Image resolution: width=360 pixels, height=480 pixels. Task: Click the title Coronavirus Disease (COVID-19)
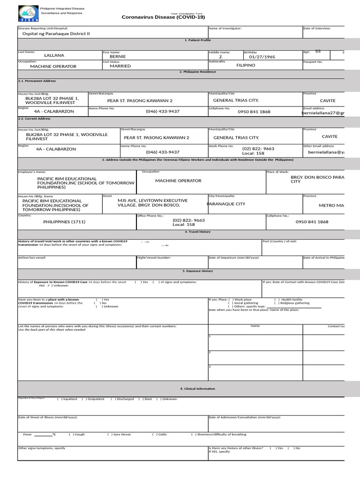pyautogui.click(x=163, y=17)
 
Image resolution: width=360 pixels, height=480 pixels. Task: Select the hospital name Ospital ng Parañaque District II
pyautogui.click(x=56, y=34)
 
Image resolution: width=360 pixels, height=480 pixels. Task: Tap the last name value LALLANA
pyautogui.click(x=54, y=55)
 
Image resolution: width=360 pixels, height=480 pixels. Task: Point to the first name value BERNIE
pyautogui.click(x=118, y=56)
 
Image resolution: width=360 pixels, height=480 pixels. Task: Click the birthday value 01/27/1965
pyautogui.click(x=262, y=57)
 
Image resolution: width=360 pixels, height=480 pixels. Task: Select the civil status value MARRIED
pyautogui.click(x=120, y=66)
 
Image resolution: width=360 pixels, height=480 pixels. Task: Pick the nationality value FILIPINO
pyautogui.click(x=246, y=65)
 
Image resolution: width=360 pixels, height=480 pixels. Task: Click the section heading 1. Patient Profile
pyautogui.click(x=197, y=40)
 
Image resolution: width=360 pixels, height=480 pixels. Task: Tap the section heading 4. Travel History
pyautogui.click(x=197, y=232)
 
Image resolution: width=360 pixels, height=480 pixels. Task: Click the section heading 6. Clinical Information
pyautogui.click(x=197, y=389)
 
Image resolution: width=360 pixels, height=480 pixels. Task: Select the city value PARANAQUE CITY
pyautogui.click(x=226, y=204)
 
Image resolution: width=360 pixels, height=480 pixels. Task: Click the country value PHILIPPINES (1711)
pyautogui.click(x=64, y=222)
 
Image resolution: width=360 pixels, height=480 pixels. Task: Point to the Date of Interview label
pyautogui.click(x=317, y=29)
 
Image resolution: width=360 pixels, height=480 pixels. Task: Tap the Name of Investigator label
pyautogui.click(x=225, y=29)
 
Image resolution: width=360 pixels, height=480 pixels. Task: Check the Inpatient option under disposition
pyautogui.click(x=67, y=399)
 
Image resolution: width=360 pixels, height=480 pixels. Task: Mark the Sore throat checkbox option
pyautogui.click(x=119, y=435)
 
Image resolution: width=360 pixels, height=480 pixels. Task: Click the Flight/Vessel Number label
pyautogui.click(x=154, y=257)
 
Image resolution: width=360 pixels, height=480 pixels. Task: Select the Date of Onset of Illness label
pyautogui.click(x=47, y=417)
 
